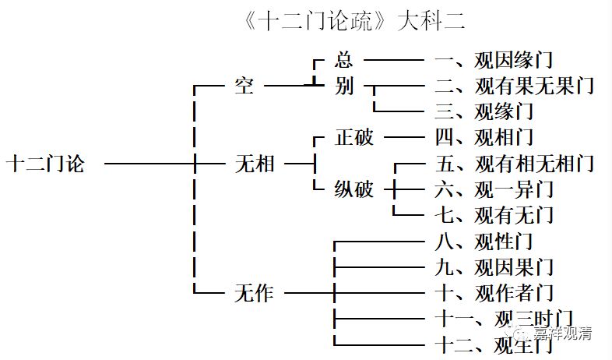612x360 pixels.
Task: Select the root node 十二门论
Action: click(x=44, y=164)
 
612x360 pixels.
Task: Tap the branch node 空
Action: click(x=244, y=85)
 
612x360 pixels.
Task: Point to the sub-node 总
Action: click(x=343, y=59)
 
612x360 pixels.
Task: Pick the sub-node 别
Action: click(x=343, y=85)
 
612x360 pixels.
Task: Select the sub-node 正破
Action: click(x=353, y=138)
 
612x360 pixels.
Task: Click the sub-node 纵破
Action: click(x=353, y=189)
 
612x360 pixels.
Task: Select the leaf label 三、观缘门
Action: click(x=483, y=111)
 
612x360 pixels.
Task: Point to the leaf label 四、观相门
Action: click(x=483, y=138)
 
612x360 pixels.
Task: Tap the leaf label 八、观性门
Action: click(x=483, y=242)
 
